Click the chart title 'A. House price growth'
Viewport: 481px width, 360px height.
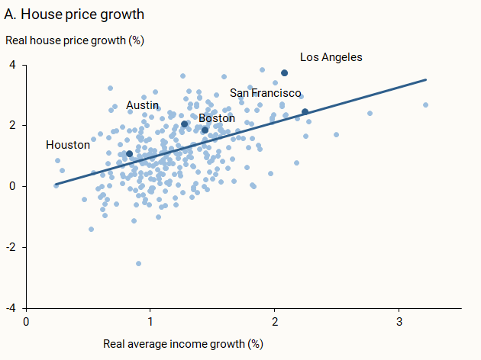click(74, 14)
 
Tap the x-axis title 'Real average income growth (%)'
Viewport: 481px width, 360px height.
click(182, 343)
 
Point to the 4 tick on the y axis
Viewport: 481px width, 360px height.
click(11, 65)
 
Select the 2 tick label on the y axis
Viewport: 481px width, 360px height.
click(11, 126)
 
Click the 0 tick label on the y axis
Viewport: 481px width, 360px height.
click(11, 186)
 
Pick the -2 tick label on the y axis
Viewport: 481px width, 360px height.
click(10, 247)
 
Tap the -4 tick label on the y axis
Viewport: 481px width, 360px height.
click(10, 308)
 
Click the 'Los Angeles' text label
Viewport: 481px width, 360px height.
click(331, 57)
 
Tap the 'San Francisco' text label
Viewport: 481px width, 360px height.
click(266, 93)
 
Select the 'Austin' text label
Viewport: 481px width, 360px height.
click(142, 105)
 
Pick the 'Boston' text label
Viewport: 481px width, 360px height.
click(217, 118)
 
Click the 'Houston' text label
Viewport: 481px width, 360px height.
click(68, 145)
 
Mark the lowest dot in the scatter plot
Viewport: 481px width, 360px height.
click(138, 263)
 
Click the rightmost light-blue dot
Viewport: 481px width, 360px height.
click(425, 105)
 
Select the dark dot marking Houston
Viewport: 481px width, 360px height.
click(129, 154)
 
